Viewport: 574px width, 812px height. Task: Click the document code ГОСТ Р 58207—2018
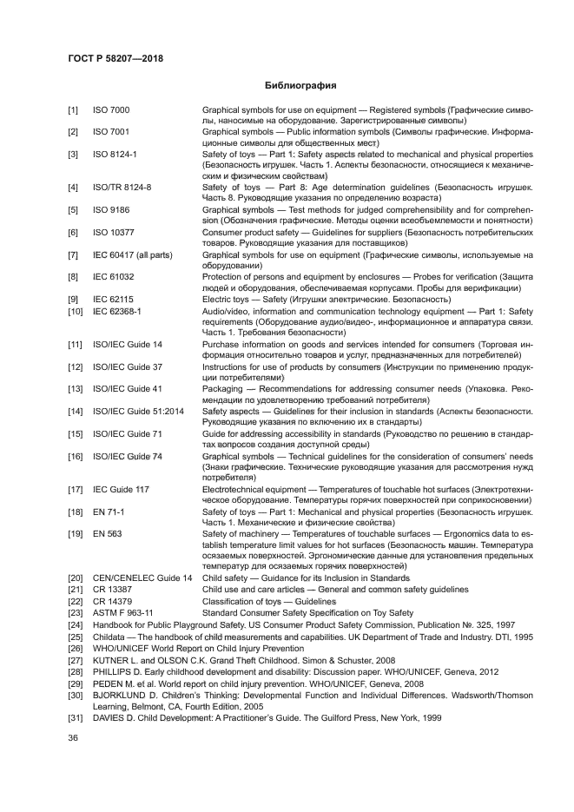115,58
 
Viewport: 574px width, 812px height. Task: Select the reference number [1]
74,111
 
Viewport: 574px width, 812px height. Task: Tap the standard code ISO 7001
111,131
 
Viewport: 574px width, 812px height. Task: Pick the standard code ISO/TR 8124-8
122,187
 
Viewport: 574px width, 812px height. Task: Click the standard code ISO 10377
113,234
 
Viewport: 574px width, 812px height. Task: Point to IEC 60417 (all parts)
130,254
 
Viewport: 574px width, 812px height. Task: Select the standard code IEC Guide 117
121,490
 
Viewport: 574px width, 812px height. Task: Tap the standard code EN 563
107,532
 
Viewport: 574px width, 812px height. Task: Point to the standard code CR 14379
112,601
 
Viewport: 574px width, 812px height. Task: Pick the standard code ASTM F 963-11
122,612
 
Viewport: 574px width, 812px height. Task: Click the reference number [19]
75,532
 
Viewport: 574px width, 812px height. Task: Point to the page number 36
74,739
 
